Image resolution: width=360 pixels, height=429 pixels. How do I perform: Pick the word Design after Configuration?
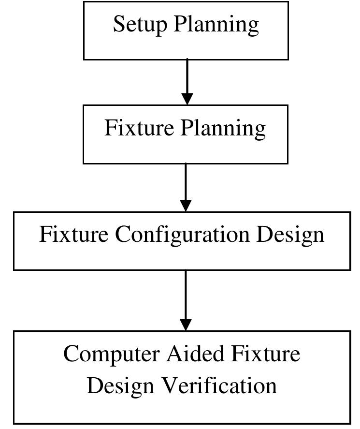click(x=290, y=235)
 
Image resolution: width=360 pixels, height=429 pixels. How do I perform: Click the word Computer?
click(x=112, y=355)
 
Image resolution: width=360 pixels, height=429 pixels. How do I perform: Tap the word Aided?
click(x=196, y=354)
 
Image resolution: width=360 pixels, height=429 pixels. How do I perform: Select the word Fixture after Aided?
click(x=265, y=354)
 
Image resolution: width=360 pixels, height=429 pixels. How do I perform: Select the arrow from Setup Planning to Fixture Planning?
click(x=187, y=80)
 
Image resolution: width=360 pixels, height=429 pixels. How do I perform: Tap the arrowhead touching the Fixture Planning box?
click(x=187, y=99)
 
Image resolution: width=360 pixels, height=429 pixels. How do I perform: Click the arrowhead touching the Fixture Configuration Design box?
click(x=186, y=205)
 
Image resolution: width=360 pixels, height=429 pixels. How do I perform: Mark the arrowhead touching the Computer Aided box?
click(x=186, y=325)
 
